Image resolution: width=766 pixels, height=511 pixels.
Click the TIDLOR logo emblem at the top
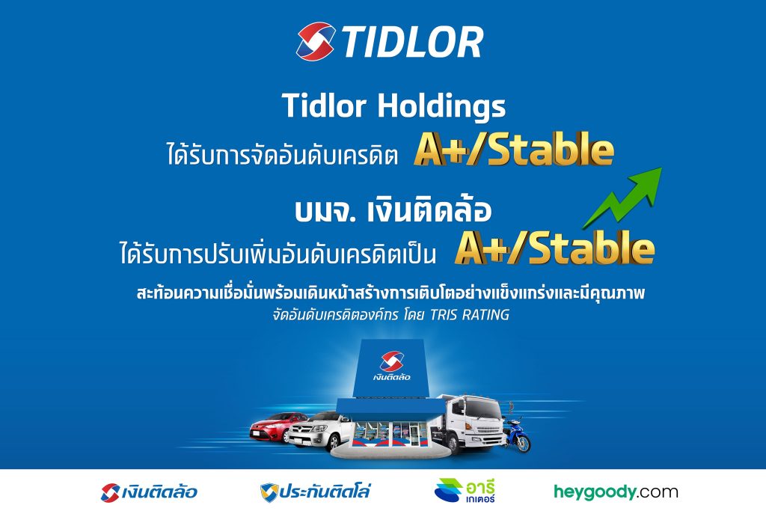pos(315,41)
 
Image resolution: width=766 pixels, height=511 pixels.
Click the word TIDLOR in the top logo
pos(412,42)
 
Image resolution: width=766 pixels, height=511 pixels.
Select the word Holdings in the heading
pos(441,107)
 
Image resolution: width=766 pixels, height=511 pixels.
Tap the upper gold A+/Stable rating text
pos(513,150)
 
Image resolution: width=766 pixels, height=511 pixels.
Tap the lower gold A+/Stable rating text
pos(554,248)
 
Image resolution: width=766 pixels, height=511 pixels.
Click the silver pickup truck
pos(314,433)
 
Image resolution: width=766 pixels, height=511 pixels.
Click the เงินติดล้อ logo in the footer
pos(150,492)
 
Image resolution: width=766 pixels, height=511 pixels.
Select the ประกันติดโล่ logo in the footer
pos(315,492)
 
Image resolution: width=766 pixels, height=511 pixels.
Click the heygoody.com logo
pos(616,492)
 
